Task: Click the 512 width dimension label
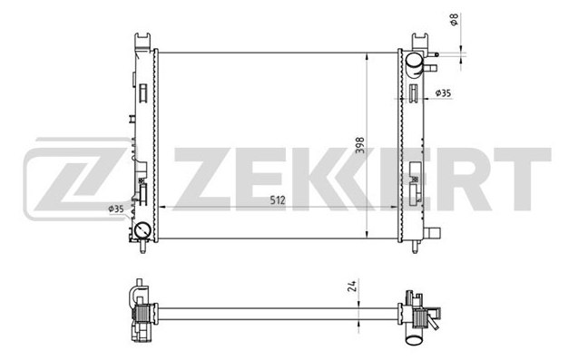point(278,200)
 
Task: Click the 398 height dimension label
point(360,145)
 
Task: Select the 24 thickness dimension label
point(352,286)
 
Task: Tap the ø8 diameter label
point(454,20)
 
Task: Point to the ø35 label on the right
point(443,93)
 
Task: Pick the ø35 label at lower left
point(116,209)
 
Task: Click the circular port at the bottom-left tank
point(142,231)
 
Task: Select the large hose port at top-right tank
point(414,63)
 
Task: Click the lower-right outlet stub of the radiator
point(433,233)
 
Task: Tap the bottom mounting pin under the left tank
point(142,247)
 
